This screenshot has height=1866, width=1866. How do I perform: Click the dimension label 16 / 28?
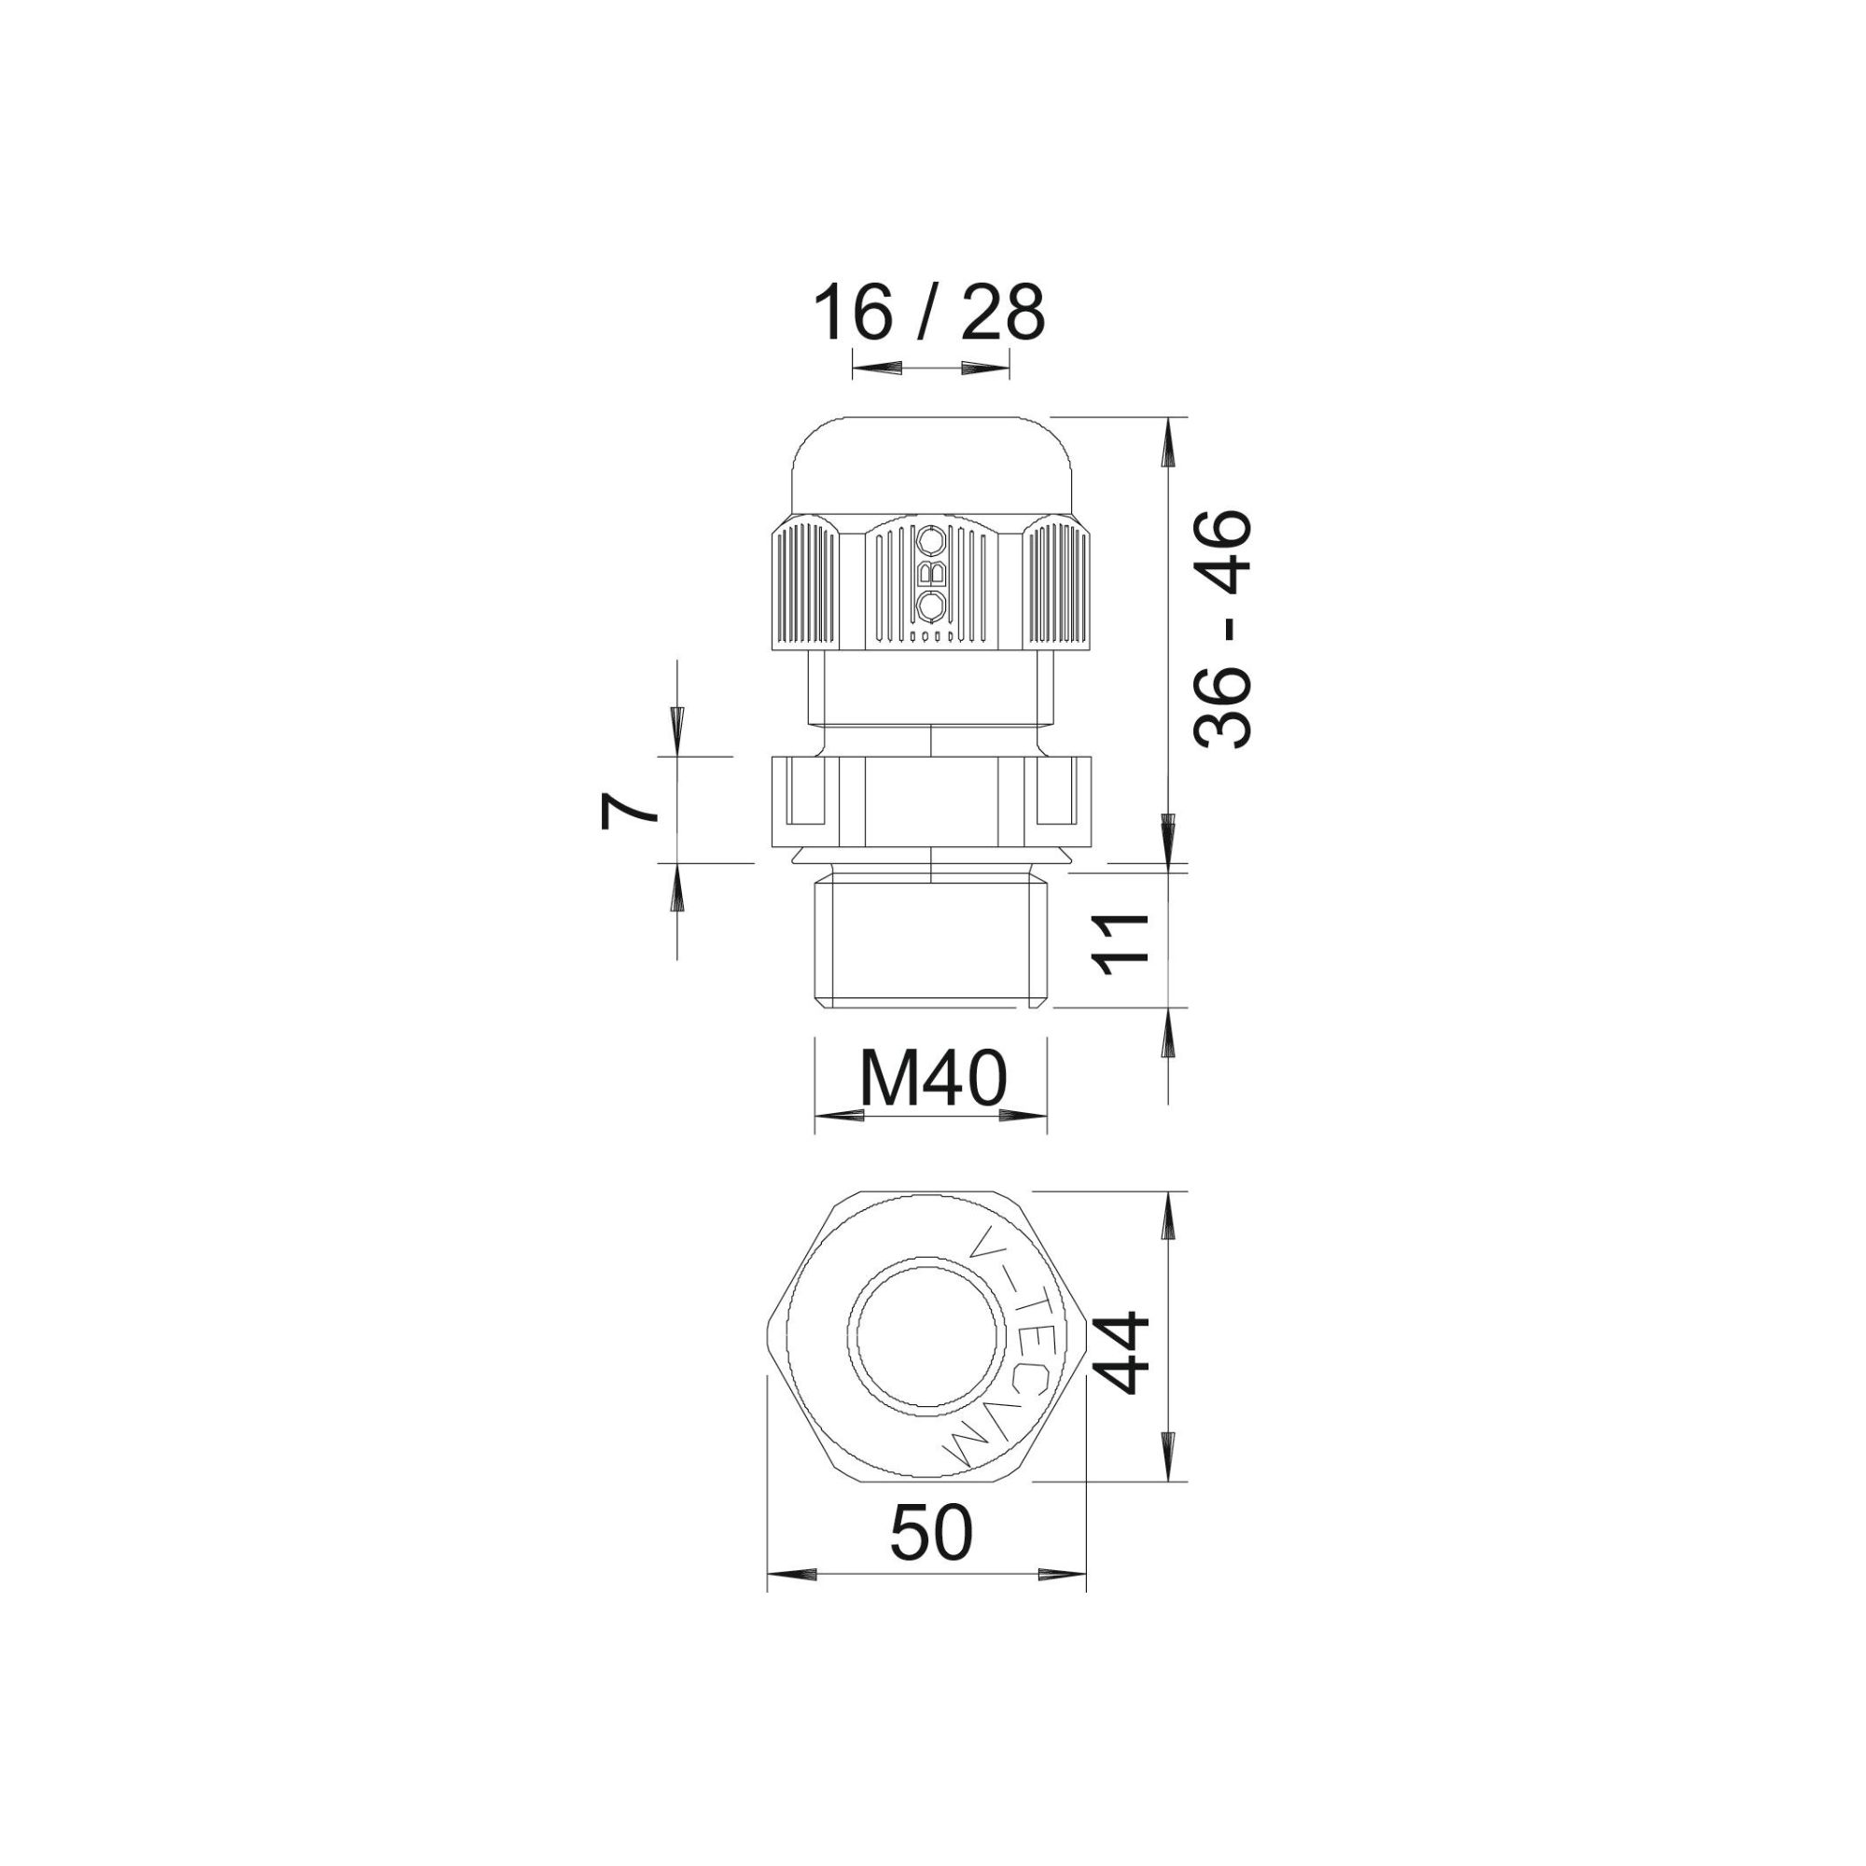[929, 312]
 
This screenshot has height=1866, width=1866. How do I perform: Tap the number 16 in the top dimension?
[853, 312]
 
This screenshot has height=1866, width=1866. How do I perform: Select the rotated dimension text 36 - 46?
[1222, 629]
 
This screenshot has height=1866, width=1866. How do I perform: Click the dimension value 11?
[1121, 939]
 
